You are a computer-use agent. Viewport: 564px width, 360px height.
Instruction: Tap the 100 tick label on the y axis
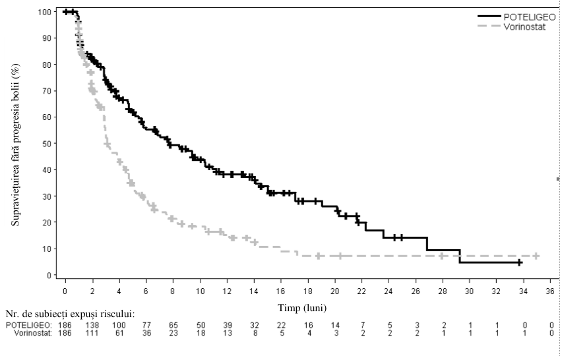tap(44, 12)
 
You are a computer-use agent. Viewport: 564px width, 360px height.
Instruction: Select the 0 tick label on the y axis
tap(49, 276)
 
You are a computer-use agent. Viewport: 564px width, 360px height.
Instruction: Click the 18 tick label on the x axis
tap(308, 291)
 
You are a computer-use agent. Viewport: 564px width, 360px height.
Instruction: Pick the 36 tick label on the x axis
tap(550, 291)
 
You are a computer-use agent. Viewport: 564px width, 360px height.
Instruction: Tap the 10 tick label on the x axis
tap(201, 291)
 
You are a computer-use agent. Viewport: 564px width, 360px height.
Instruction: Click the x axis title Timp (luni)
tap(302, 308)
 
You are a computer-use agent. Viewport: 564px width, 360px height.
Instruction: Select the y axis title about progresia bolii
tap(15, 144)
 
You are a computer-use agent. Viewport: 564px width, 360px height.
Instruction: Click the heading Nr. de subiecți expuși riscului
tap(71, 315)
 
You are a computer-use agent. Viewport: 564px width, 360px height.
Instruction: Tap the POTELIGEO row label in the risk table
tap(28, 326)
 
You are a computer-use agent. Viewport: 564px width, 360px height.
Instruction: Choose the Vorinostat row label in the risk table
tap(33, 333)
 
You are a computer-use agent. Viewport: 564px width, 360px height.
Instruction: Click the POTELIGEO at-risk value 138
tap(92, 326)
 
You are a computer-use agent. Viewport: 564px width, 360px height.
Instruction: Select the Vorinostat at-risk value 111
tap(92, 333)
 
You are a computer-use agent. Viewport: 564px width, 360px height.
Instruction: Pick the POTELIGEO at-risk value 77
tap(146, 326)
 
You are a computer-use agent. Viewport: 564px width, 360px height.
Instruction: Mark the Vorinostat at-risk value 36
tap(146, 333)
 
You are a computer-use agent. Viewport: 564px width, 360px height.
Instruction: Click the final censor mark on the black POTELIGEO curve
tap(519, 263)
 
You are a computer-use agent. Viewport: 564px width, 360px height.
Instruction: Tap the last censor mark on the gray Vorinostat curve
tap(536, 256)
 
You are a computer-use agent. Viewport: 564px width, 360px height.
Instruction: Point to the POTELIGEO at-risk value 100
tap(119, 326)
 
